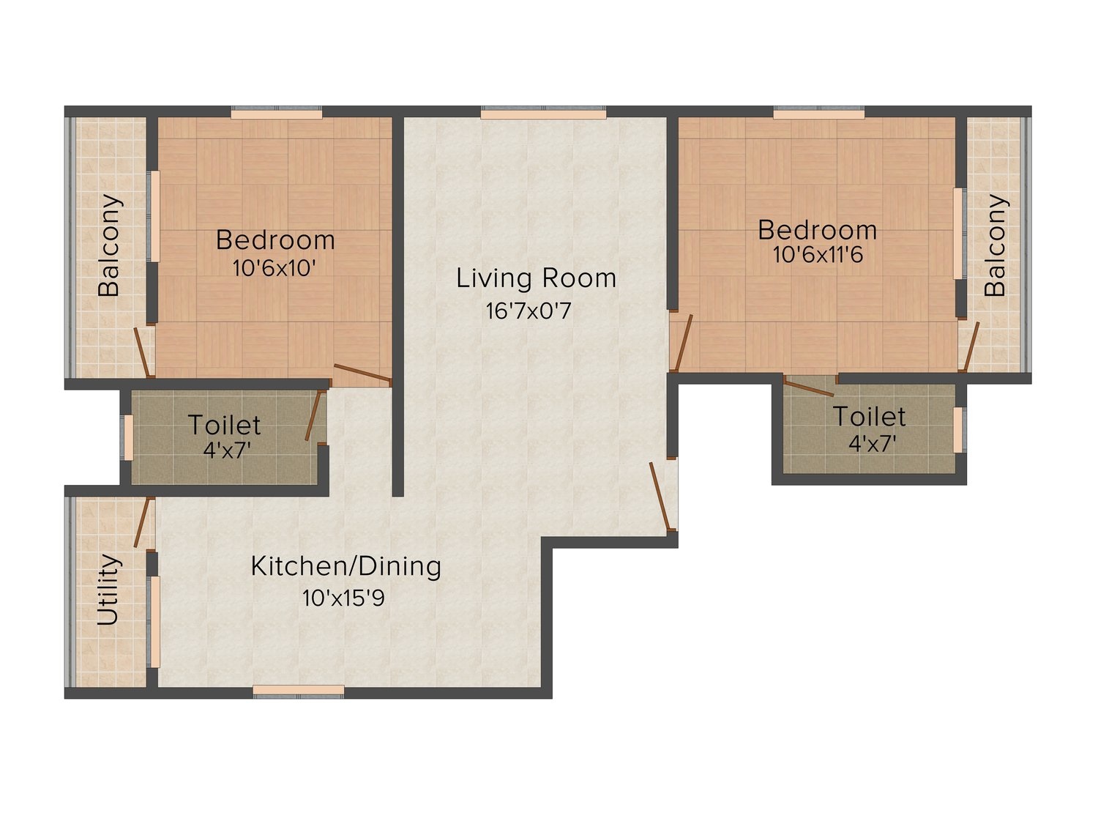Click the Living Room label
pos(536,278)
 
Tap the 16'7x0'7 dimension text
pos(529,311)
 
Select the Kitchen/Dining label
pos(346,567)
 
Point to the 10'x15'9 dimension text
pos(343,598)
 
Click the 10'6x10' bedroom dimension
pos(274,269)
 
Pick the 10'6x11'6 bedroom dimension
pos(818,255)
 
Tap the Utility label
pos(108,590)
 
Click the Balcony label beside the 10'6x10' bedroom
pos(109,245)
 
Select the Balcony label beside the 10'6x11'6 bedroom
pos(996,245)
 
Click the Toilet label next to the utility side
pos(224,426)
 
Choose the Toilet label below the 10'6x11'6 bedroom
pos(869,417)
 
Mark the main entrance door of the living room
pos(660,496)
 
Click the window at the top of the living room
pos(543,113)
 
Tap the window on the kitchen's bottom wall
pos(299,691)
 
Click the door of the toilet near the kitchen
pos(313,415)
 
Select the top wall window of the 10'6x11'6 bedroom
pos(819,113)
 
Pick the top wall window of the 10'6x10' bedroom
pos(276,113)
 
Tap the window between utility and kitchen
pos(154,622)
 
